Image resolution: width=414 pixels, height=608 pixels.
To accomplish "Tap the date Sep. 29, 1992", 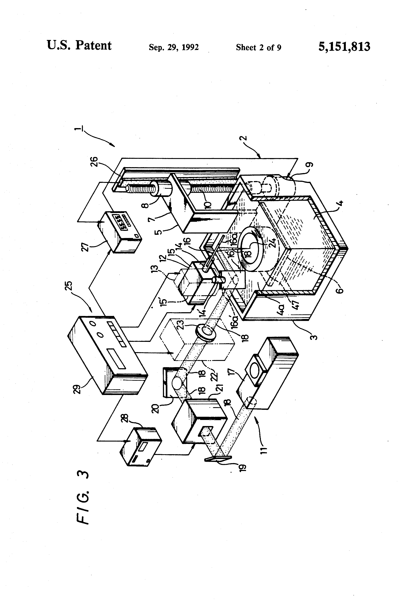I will [174, 47].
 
